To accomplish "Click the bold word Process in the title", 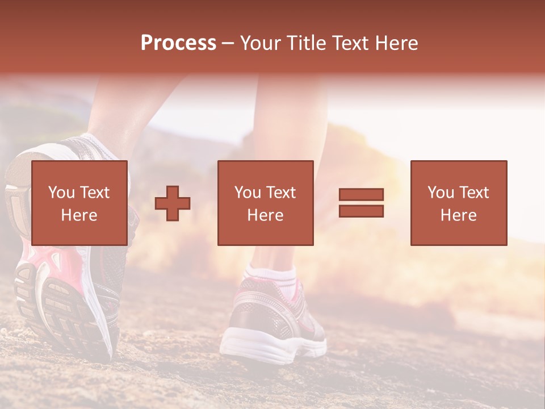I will (x=178, y=43).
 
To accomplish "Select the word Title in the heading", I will (x=305, y=43).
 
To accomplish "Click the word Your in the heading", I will (x=261, y=43).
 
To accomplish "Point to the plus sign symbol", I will (x=173, y=203).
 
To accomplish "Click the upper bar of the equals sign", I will (x=361, y=195).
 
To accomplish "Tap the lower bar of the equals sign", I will (x=361, y=211).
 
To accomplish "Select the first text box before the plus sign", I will (x=79, y=203).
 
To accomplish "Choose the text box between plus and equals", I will (x=265, y=203).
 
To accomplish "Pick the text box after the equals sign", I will (x=458, y=203).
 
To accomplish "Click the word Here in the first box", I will (x=79, y=215).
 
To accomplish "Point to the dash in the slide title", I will (x=228, y=43).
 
